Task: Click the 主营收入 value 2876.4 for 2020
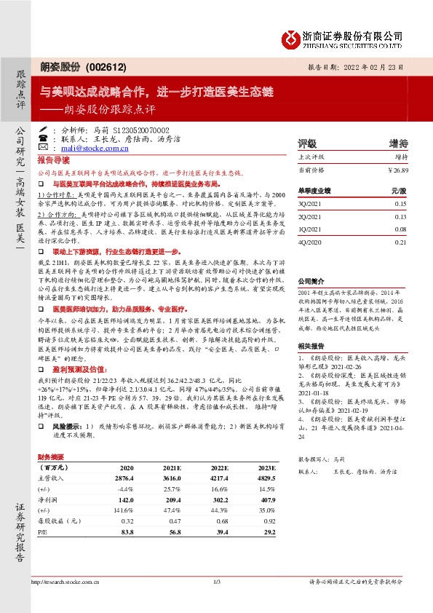tap(125, 478)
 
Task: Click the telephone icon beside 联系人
tap(44, 138)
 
